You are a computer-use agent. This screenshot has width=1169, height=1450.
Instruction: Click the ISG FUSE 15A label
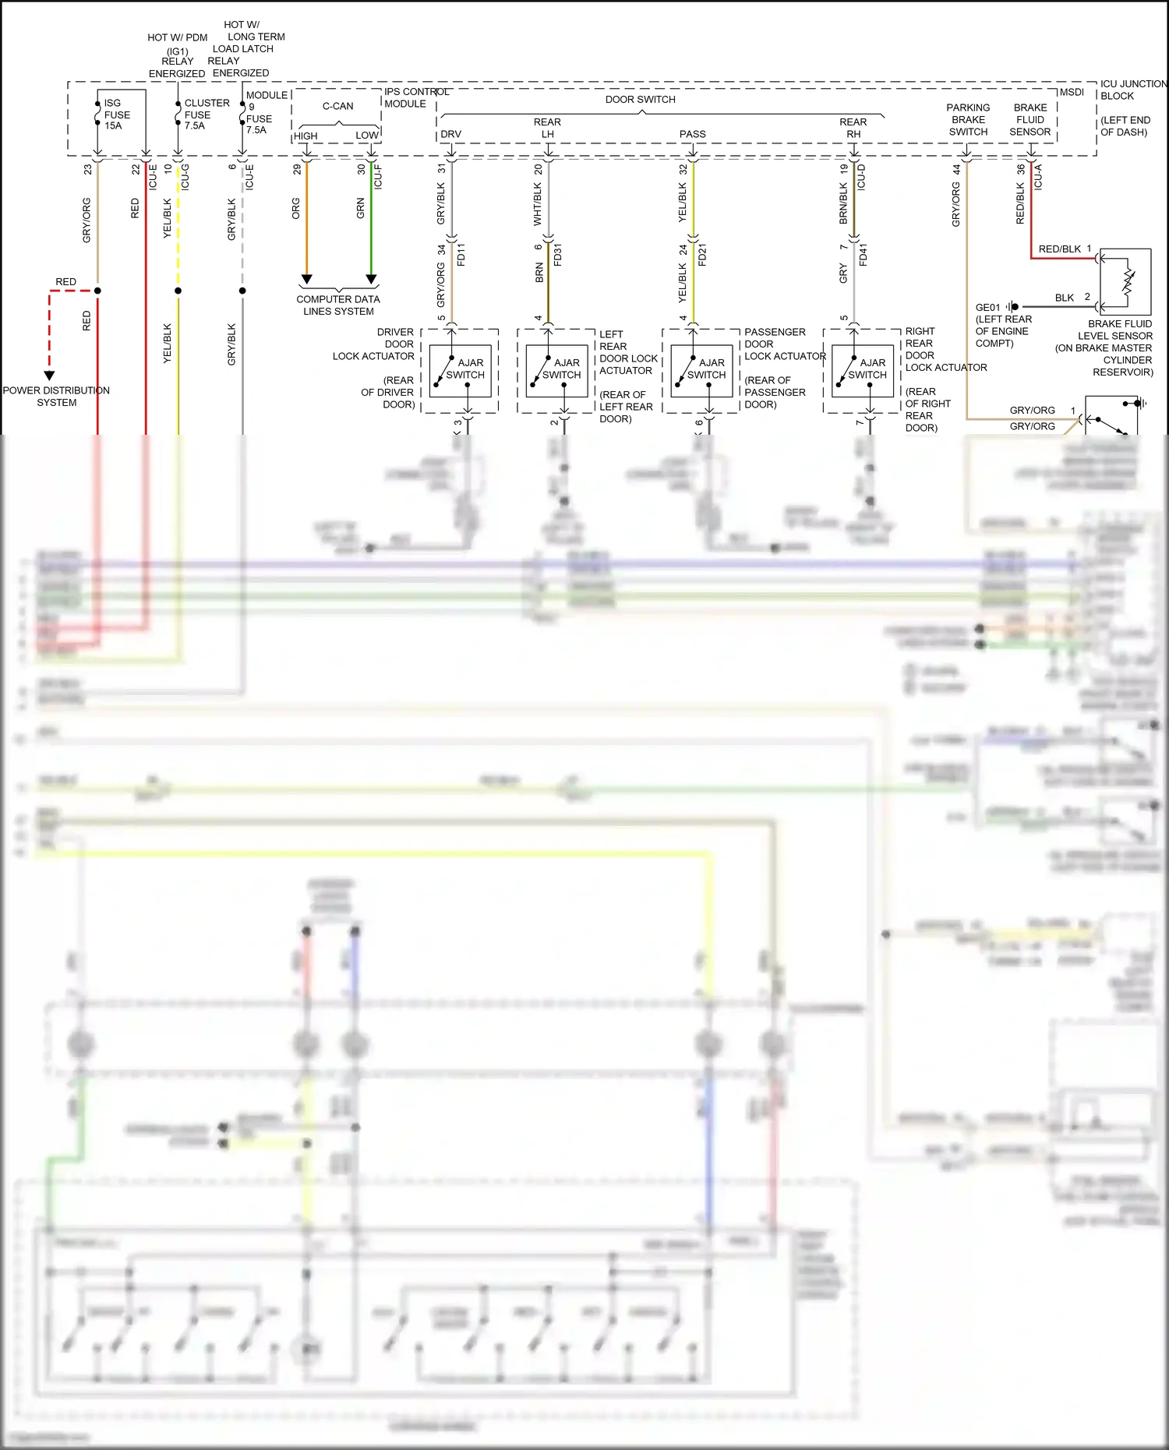click(117, 115)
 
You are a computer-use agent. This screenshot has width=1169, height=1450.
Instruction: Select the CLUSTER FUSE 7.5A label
click(207, 114)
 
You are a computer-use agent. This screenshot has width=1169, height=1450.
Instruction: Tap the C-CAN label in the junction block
click(337, 106)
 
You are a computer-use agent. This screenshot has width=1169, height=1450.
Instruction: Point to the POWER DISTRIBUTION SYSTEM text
click(56, 397)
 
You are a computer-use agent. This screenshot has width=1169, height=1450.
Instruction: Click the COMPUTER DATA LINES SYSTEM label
click(338, 305)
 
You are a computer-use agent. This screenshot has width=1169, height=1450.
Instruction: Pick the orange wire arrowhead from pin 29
click(307, 279)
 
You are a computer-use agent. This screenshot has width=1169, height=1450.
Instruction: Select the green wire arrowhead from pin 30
click(372, 279)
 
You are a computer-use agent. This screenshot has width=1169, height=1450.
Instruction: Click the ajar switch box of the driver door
click(460, 371)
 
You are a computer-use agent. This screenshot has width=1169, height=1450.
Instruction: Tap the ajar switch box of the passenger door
click(701, 371)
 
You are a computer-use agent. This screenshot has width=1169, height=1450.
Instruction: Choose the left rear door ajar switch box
click(556, 371)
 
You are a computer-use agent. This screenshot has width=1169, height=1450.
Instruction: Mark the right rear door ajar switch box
click(862, 371)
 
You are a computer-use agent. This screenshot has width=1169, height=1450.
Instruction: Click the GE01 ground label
click(987, 307)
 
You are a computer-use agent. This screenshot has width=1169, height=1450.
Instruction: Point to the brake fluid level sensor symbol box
click(1125, 281)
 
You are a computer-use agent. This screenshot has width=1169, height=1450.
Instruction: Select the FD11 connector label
click(461, 255)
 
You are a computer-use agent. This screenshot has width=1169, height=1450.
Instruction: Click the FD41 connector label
click(864, 255)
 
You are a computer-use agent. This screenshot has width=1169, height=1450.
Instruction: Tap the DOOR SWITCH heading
click(640, 100)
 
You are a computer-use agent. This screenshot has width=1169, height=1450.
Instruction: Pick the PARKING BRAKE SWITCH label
click(968, 120)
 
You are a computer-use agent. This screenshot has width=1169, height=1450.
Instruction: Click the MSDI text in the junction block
click(1072, 92)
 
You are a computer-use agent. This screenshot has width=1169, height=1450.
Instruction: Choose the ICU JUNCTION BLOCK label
click(1133, 90)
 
